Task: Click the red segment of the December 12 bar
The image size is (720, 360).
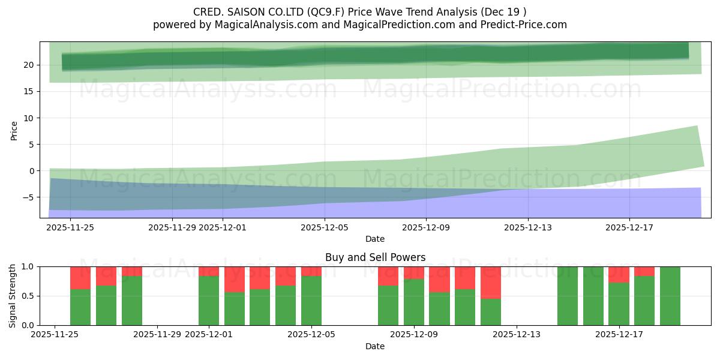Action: (x=491, y=282)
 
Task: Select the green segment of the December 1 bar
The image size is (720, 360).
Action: (x=209, y=301)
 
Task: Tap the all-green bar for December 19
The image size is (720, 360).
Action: (x=670, y=296)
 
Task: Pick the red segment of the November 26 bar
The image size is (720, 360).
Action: (x=80, y=277)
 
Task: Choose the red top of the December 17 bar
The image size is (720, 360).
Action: (x=619, y=274)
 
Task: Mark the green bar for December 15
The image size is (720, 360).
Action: (x=568, y=296)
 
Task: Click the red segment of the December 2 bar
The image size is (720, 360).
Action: (x=235, y=279)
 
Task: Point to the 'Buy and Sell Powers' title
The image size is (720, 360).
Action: (x=375, y=257)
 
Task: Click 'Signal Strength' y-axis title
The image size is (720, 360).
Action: (x=13, y=295)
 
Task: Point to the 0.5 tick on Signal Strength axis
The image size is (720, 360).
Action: (x=28, y=296)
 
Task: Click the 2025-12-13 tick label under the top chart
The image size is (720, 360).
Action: (x=527, y=227)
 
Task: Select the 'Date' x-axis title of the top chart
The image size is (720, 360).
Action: (x=375, y=239)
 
